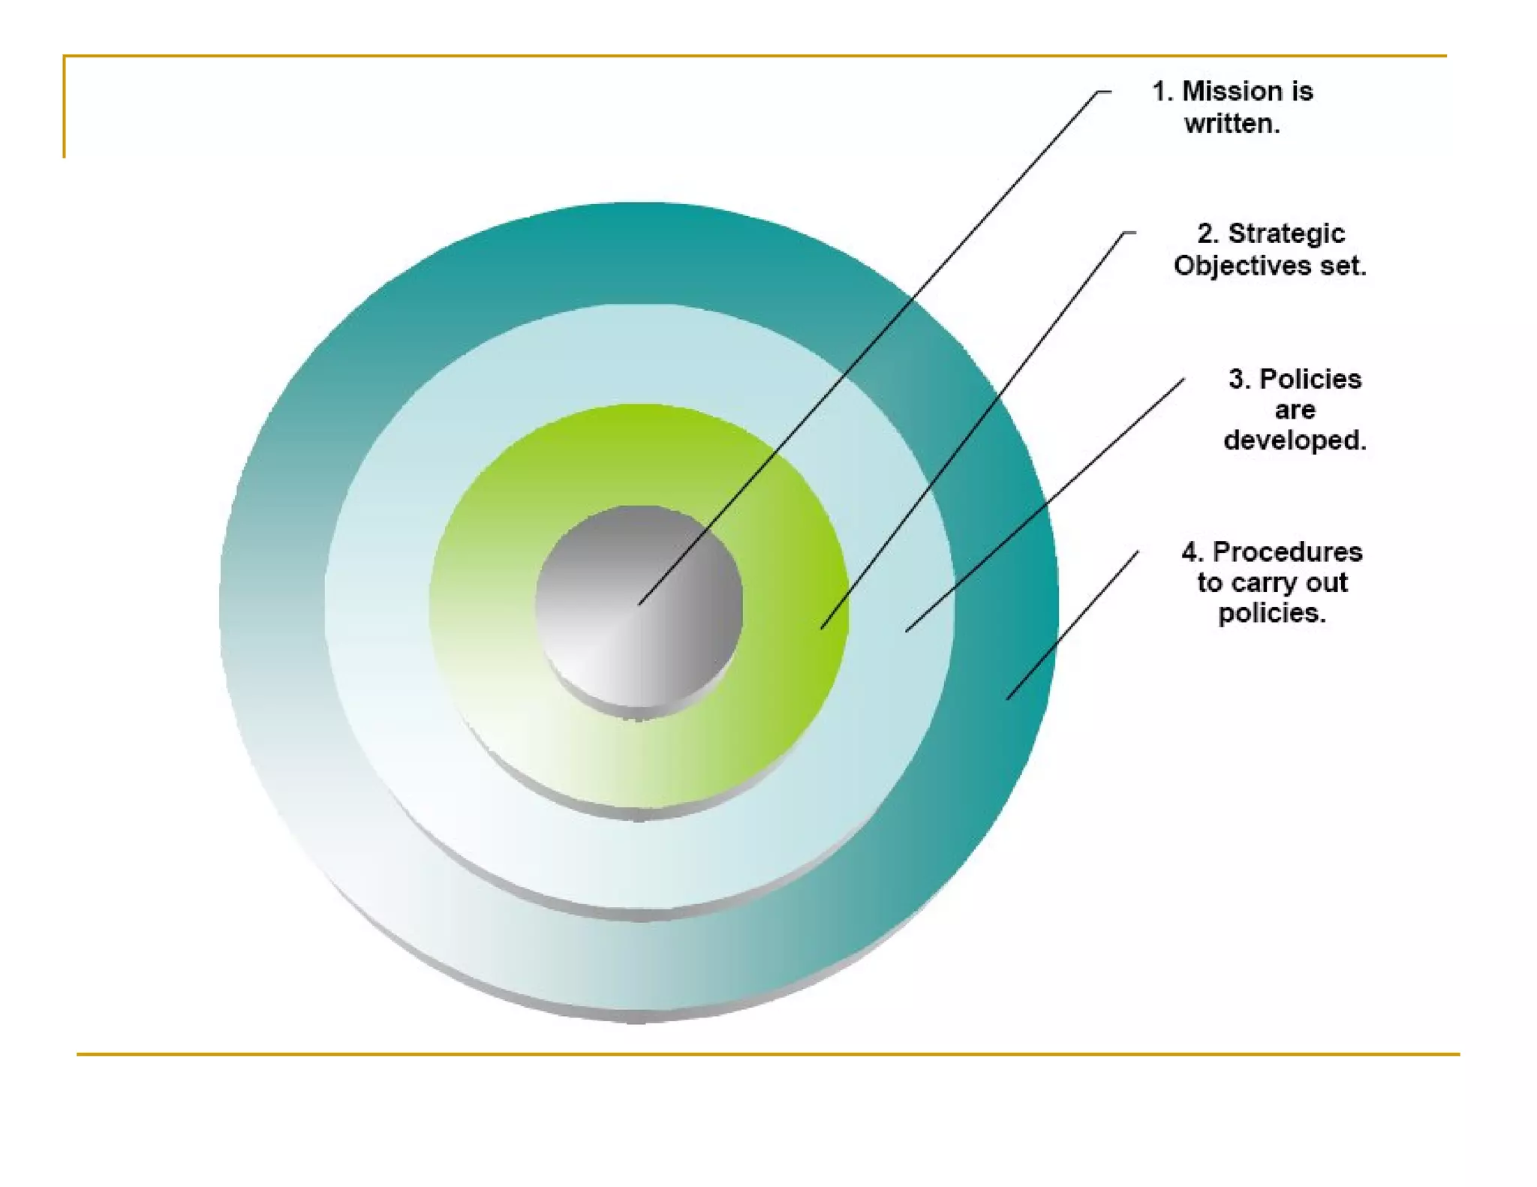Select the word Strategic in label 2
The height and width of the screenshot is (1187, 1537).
[1286, 233]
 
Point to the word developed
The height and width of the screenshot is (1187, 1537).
[1295, 440]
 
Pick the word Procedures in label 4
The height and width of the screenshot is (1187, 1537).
[1287, 552]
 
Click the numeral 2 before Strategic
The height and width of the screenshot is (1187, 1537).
[1207, 233]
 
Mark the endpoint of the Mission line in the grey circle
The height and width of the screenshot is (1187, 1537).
[639, 604]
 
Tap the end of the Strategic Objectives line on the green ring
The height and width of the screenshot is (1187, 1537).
[823, 628]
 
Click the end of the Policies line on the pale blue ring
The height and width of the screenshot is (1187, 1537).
[907, 631]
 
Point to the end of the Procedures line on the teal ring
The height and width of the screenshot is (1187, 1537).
[1007, 699]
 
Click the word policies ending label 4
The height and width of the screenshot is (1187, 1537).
[1271, 614]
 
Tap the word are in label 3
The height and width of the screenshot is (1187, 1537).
[1295, 410]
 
